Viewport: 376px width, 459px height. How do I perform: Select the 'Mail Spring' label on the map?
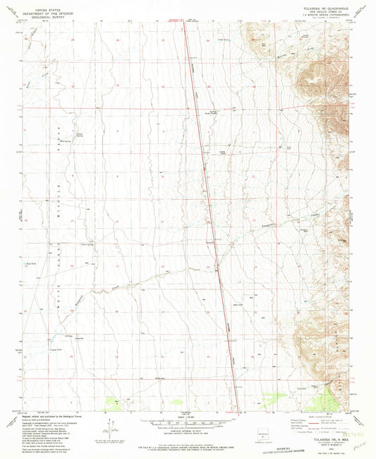67,140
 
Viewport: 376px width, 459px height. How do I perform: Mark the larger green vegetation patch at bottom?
117,402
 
